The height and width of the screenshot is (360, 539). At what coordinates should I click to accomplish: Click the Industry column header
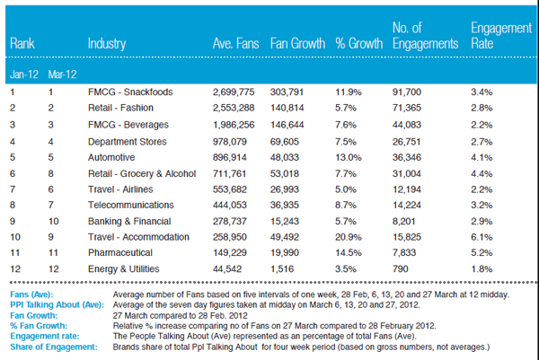107,44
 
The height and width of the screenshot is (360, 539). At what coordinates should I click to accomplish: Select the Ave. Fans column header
235,43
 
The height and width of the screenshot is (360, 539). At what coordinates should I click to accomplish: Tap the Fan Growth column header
297,43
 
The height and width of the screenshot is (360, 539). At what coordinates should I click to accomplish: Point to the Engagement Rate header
501,36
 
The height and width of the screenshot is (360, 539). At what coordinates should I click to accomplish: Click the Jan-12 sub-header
23,75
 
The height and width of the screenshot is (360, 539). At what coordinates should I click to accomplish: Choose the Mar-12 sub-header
62,75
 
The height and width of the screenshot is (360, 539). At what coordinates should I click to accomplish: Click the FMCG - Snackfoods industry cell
130,92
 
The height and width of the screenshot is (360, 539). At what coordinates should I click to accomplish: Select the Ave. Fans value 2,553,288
234,108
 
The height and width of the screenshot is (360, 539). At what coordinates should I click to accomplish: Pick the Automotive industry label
111,157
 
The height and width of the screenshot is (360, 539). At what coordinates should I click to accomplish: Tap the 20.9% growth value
349,237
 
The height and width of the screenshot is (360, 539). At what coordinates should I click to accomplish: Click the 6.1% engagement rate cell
482,237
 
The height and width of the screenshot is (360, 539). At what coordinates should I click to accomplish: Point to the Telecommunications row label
131,205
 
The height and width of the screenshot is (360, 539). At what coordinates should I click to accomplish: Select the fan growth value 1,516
282,268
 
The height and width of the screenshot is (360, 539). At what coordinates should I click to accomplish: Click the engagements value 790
400,268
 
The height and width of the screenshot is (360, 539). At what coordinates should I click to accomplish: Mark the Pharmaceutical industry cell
120,253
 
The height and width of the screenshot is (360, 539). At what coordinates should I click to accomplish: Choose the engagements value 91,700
407,92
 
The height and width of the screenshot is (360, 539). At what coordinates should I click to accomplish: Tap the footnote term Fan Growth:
34,315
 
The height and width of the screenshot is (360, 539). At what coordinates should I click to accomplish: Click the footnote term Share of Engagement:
54,347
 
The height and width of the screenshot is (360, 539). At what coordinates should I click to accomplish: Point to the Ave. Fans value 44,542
227,268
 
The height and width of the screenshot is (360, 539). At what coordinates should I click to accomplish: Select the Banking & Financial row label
129,221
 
